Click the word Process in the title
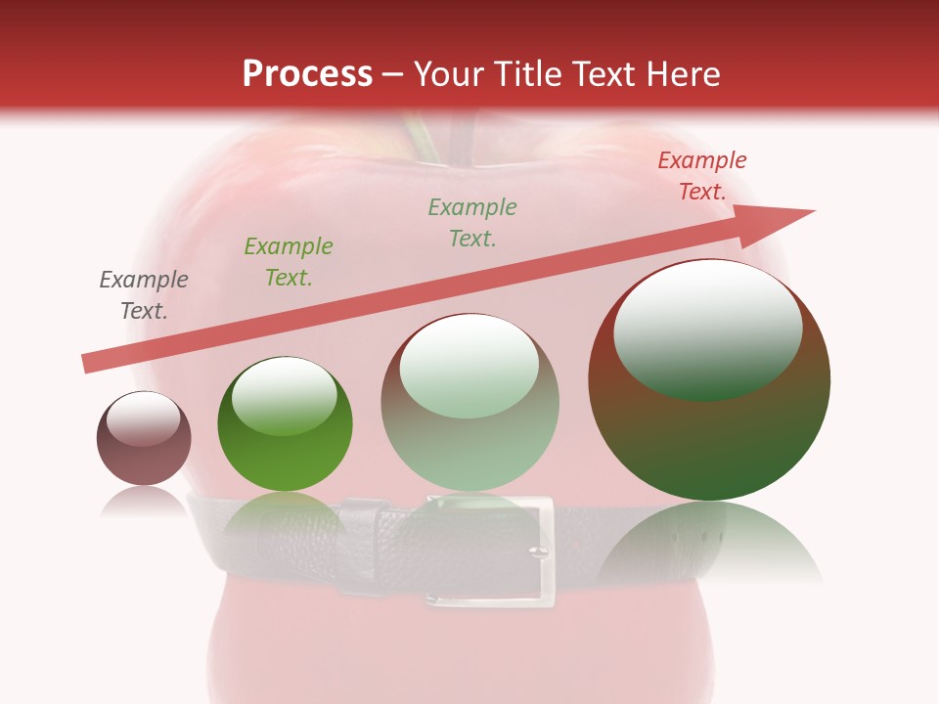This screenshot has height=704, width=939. [x=307, y=74]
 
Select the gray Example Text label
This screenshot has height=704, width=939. [x=144, y=295]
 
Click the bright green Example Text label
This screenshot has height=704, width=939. [x=289, y=262]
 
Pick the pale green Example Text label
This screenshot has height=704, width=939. [x=472, y=223]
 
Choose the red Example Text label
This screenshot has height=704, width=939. [x=702, y=176]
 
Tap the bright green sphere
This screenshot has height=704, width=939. [x=285, y=424]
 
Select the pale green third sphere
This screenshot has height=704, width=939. [x=470, y=403]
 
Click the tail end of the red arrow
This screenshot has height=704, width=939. [x=88, y=364]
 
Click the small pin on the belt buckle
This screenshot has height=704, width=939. [x=536, y=552]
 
